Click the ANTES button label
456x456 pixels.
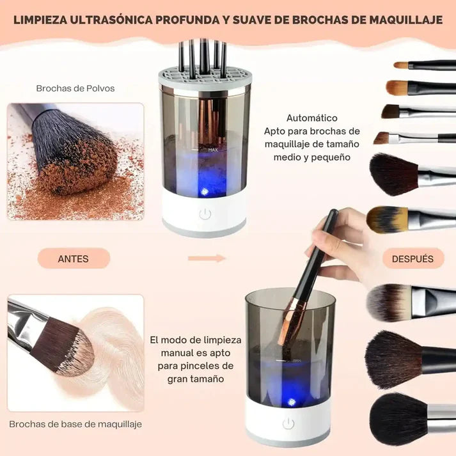(74, 258)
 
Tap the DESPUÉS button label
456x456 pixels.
(413, 258)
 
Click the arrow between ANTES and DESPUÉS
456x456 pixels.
(207, 258)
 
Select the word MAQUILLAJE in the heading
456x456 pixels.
(405, 20)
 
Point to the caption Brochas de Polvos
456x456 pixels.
(75, 88)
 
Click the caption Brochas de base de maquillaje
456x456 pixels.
(75, 424)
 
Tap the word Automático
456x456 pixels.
(311, 118)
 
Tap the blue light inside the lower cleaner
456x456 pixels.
(292, 402)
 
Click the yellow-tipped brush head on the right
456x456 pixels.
(386, 219)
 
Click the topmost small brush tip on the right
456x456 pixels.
(401, 65)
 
